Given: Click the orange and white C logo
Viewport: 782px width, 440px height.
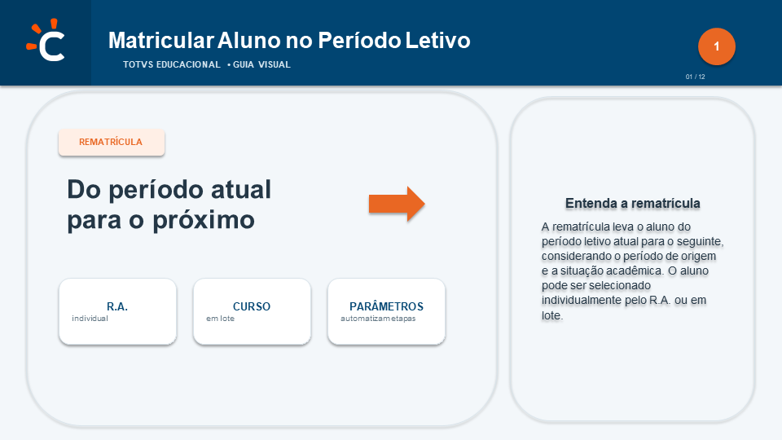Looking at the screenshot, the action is pos(46,40).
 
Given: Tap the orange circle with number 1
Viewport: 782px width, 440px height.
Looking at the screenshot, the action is pos(717,46).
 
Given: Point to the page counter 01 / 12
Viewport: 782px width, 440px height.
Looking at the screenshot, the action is pos(695,77).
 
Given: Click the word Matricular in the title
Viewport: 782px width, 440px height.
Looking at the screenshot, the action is pos(161,41).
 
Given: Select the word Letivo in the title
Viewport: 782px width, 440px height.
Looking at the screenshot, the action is pos(437,41).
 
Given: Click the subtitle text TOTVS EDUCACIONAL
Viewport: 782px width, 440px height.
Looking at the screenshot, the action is pos(172,64).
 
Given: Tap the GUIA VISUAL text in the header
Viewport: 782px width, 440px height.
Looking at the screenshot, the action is pos(261,64).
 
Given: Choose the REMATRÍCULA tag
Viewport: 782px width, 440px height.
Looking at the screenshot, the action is pos(112,142).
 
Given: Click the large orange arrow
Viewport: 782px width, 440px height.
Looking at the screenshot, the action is pos(397,204).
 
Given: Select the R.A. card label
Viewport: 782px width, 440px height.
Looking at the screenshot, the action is pos(117,306).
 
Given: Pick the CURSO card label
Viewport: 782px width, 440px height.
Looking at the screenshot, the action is pos(252,306).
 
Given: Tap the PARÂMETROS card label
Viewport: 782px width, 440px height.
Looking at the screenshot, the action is pos(386,306).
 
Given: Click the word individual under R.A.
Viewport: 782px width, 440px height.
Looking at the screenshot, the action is pos(90,319).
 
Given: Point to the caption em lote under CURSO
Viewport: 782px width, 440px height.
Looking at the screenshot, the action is pos(221,319).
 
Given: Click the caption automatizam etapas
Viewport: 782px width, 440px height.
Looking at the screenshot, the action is pos(378,319).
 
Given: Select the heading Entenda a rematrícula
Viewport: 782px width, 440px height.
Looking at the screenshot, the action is pos(632,204).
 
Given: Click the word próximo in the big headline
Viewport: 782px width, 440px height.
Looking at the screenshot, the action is pos(204,220).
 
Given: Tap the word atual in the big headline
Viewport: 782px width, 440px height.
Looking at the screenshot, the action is pos(241,190).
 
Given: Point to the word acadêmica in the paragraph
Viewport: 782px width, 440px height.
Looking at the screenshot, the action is pos(636,271).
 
